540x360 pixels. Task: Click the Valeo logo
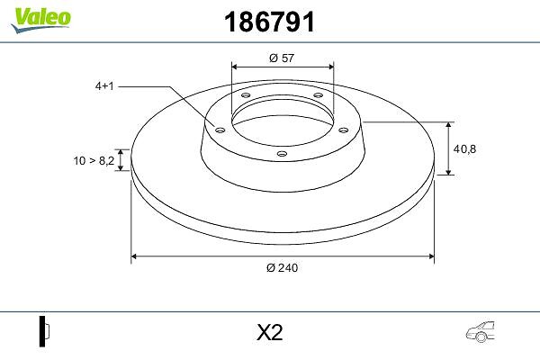(x=40, y=20)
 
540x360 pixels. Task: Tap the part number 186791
(x=269, y=22)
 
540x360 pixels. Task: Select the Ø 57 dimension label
(x=282, y=58)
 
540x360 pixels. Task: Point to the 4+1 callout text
(x=104, y=86)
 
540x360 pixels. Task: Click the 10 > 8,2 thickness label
(x=94, y=160)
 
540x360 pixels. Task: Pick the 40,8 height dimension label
(x=464, y=148)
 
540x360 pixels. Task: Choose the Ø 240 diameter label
(x=282, y=267)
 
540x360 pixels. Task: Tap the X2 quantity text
(x=270, y=332)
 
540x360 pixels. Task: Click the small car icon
(x=480, y=332)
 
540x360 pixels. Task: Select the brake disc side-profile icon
(x=44, y=331)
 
